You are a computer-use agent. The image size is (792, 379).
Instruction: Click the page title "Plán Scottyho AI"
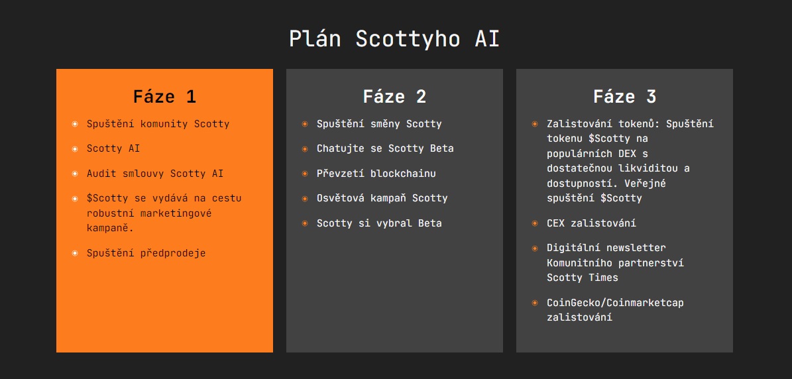(x=394, y=39)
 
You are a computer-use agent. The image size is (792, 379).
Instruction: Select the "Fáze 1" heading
(x=164, y=97)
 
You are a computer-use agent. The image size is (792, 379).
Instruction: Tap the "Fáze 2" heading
(x=394, y=97)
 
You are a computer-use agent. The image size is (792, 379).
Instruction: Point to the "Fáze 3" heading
(x=624, y=97)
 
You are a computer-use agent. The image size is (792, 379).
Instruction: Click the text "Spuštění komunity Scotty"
(x=158, y=124)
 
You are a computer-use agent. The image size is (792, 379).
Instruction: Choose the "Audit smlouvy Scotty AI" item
(x=155, y=174)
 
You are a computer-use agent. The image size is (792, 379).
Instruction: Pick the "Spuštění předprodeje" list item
(x=146, y=253)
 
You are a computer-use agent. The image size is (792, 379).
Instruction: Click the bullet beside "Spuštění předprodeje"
(x=75, y=253)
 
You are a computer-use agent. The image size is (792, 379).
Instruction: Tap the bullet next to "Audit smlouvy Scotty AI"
(x=75, y=174)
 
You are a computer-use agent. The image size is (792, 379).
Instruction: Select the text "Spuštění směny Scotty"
(x=379, y=124)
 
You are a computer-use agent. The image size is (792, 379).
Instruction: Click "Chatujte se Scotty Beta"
(x=385, y=148)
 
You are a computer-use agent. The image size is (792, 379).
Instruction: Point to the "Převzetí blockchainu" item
(x=376, y=174)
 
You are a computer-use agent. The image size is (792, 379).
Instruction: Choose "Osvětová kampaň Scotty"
(x=382, y=198)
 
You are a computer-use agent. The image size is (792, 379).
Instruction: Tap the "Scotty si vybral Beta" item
(x=379, y=223)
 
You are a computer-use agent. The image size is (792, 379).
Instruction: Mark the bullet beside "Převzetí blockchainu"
(x=305, y=174)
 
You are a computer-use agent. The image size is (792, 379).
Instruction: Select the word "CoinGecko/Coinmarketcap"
(x=615, y=303)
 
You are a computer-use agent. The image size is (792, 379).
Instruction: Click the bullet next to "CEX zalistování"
(x=535, y=223)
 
